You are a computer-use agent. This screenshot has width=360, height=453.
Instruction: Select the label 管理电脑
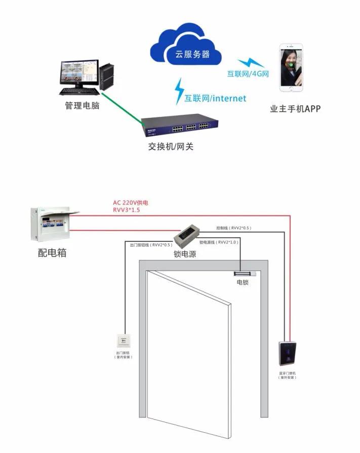[x=82, y=106]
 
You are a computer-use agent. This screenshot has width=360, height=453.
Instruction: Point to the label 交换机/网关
[x=171, y=147]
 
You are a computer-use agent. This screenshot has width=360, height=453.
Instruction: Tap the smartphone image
[x=292, y=68]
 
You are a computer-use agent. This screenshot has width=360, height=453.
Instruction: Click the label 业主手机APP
[x=296, y=108]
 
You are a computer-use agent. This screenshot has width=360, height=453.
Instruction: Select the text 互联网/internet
[x=215, y=98]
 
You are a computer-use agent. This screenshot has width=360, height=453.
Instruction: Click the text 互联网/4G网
[x=247, y=74]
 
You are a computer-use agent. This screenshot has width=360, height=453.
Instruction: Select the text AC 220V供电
[x=130, y=202]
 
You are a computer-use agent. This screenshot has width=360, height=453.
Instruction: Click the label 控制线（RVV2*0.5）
[x=234, y=228]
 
